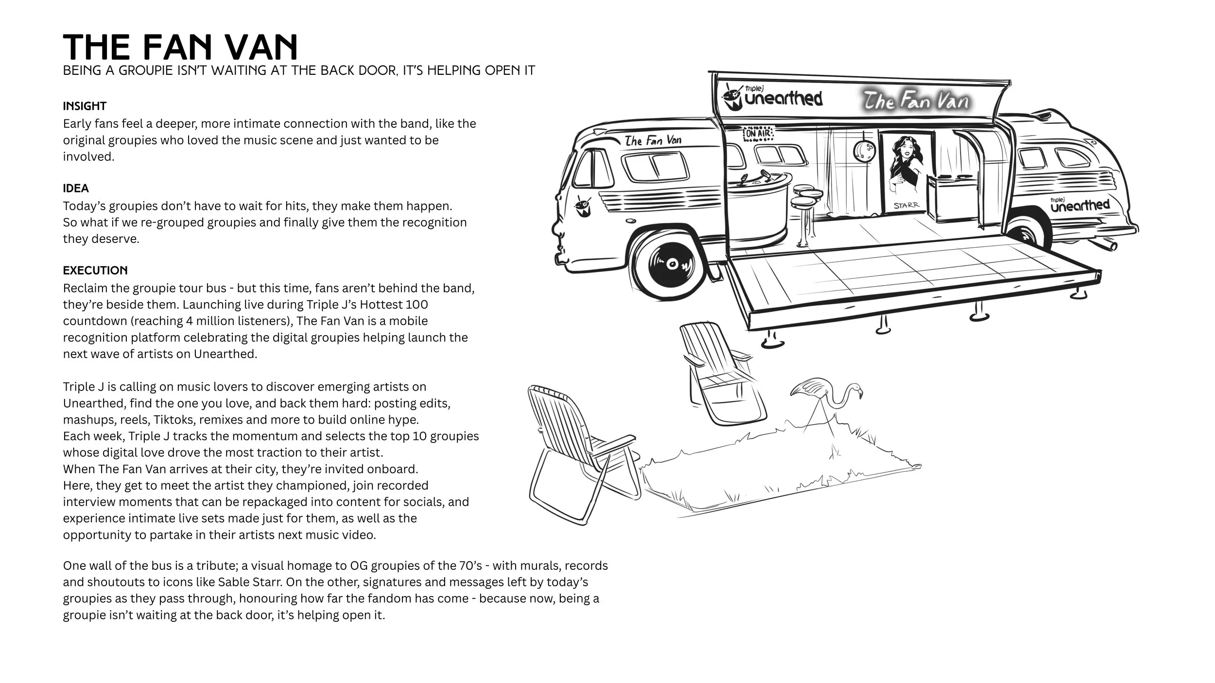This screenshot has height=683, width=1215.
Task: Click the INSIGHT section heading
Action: point(85,106)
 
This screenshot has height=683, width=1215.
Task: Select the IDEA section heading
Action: point(76,188)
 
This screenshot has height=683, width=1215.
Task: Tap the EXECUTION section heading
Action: point(95,270)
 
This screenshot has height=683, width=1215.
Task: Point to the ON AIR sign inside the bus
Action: point(758,132)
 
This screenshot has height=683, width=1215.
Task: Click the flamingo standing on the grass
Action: point(826,401)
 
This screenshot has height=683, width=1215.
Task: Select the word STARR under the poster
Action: point(906,205)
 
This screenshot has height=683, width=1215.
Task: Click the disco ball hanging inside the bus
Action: point(864,150)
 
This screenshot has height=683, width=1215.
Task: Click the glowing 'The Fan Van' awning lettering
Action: point(916,101)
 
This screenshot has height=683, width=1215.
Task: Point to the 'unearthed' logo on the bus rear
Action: point(1080,205)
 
